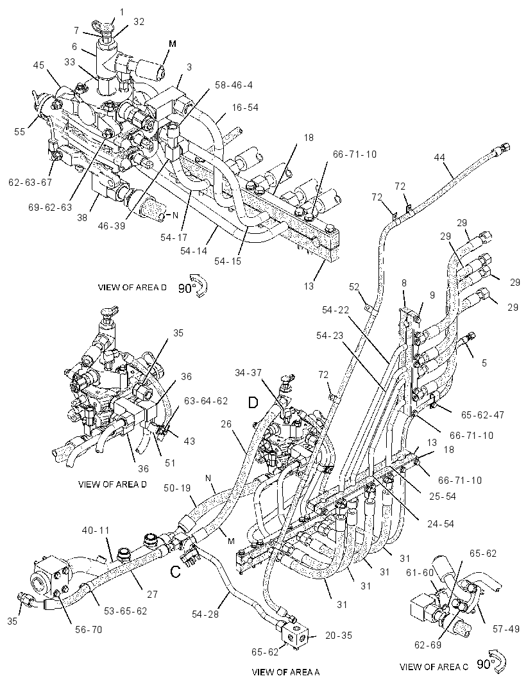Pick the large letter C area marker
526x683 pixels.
pyautogui.click(x=175, y=571)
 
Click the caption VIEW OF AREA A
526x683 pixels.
pyautogui.click(x=285, y=671)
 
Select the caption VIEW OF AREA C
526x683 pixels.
pyautogui.click(x=434, y=666)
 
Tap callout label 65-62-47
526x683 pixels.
pyautogui.click(x=483, y=415)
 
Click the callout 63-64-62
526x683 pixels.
pyautogui.click(x=205, y=400)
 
